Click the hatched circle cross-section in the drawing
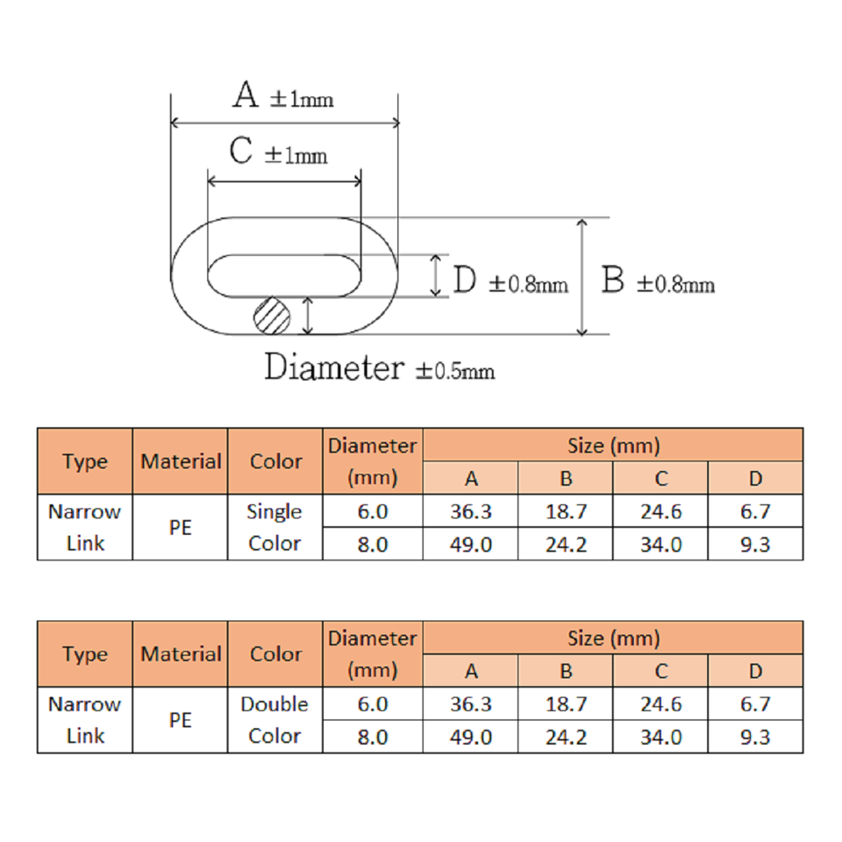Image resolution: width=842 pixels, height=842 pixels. [x=272, y=314]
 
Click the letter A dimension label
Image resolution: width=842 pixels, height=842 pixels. [x=246, y=95]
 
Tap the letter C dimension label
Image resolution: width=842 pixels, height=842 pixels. [x=241, y=151]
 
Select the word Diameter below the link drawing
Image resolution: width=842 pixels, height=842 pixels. [x=334, y=367]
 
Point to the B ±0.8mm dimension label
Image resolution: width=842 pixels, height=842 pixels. [x=658, y=282]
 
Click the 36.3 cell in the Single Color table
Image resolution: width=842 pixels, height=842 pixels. [x=471, y=511]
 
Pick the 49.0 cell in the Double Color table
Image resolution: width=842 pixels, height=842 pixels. [x=471, y=737]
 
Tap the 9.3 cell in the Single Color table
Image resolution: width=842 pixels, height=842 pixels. [x=754, y=544]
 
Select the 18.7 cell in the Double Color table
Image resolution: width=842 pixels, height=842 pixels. [x=566, y=704]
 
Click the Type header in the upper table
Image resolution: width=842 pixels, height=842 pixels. [x=85, y=461]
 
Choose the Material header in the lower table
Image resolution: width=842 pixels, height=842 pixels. [x=181, y=654]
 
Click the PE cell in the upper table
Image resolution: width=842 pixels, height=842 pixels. [x=181, y=527]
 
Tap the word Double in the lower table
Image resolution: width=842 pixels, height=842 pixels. [x=275, y=704]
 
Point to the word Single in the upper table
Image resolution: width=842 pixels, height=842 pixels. [x=275, y=511]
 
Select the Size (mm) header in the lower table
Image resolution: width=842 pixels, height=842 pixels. [x=613, y=639]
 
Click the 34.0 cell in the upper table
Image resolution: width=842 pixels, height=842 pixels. [x=660, y=544]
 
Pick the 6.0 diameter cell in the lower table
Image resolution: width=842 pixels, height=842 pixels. [x=373, y=704]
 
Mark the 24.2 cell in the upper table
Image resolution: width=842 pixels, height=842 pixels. [x=566, y=544]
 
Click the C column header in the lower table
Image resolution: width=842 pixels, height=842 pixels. [x=660, y=672]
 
